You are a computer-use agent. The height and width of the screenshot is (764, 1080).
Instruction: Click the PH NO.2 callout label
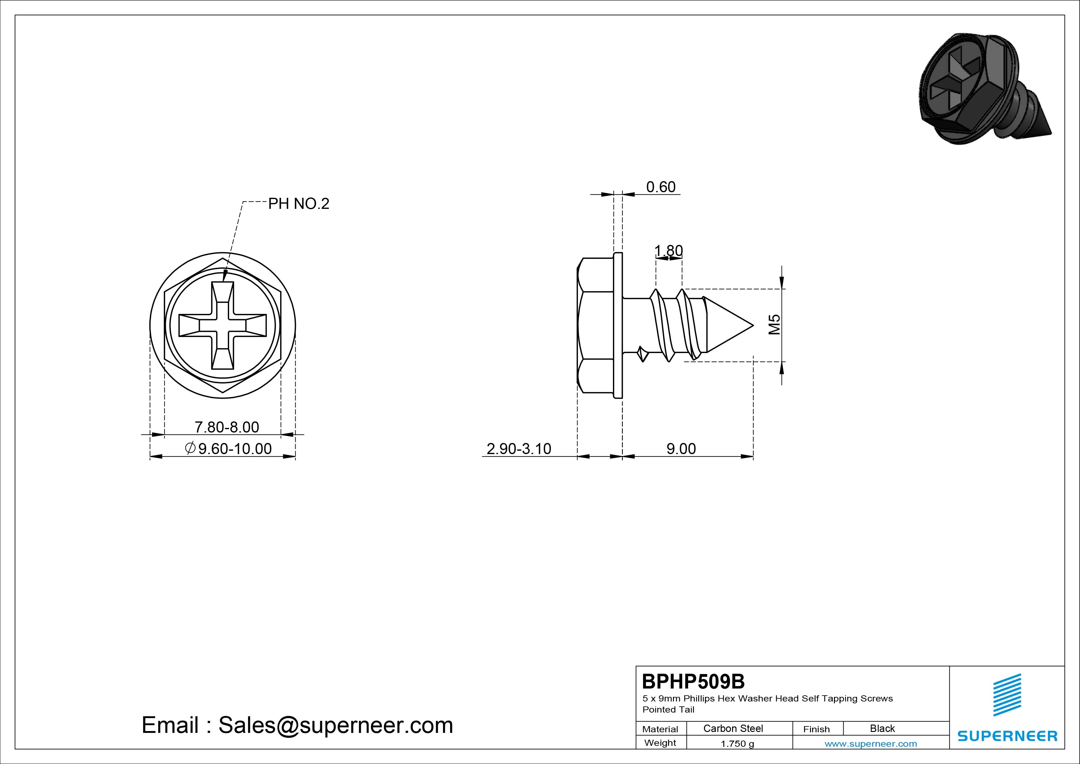[299, 204]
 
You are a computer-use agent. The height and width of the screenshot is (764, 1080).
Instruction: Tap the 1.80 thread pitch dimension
[668, 250]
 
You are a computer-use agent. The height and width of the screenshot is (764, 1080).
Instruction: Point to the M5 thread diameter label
[774, 324]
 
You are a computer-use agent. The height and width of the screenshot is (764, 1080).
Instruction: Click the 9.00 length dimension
[681, 449]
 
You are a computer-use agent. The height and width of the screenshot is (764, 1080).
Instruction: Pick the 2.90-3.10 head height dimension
[518, 449]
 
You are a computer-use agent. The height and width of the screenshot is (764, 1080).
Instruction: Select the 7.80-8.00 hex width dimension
[227, 427]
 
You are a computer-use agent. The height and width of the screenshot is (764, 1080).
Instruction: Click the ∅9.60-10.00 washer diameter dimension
[229, 449]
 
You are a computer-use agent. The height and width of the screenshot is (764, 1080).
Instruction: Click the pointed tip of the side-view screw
[753, 325]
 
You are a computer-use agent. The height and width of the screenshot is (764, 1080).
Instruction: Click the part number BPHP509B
[693, 681]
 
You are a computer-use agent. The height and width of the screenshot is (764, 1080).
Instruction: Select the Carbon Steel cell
[733, 728]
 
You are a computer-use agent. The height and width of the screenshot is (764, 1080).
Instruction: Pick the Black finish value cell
[882, 728]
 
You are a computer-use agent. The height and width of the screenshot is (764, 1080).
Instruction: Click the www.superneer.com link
[871, 744]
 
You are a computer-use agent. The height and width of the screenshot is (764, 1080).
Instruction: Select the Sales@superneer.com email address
[335, 725]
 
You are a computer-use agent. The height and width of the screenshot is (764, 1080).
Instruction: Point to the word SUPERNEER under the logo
[1007, 736]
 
